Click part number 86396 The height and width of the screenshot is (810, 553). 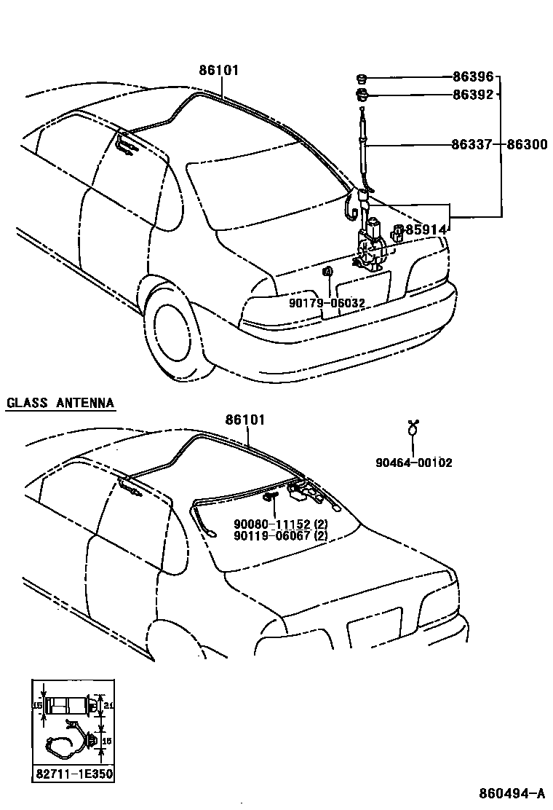[473, 76]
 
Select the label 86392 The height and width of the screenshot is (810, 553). [473, 94]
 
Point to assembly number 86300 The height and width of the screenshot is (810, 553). [527, 145]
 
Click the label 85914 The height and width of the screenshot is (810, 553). [426, 230]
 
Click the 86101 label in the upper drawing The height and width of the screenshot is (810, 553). [218, 71]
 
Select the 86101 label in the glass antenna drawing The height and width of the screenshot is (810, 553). [245, 420]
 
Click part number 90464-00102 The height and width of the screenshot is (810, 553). [413, 462]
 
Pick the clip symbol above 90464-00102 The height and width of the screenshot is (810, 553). [414, 428]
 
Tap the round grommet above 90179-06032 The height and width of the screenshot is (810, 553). [328, 273]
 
